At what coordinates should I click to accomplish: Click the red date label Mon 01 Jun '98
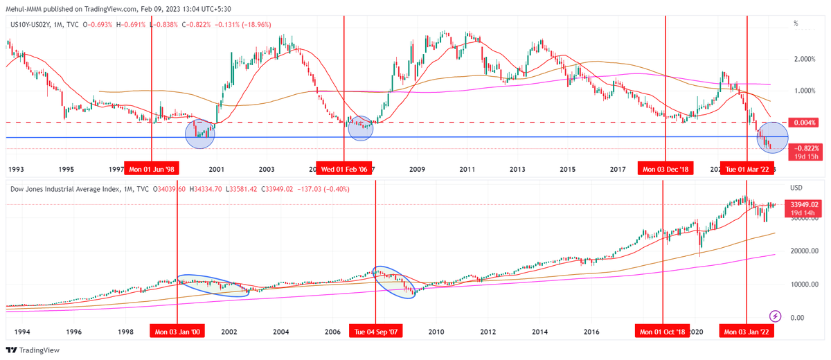(x=151, y=169)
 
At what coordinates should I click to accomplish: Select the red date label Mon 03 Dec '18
(x=665, y=169)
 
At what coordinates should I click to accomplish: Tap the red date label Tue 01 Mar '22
(x=747, y=169)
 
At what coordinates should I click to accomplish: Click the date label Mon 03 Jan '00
(x=177, y=332)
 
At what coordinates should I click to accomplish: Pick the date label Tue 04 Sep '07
(x=375, y=332)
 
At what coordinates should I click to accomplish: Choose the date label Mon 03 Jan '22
(x=747, y=332)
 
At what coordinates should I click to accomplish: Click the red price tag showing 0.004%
(x=804, y=123)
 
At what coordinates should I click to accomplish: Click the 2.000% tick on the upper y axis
(x=803, y=59)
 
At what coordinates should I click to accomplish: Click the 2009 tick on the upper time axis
(x=416, y=169)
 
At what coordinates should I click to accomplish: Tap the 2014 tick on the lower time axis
(x=540, y=332)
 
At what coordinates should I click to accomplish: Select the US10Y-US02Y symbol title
(x=34, y=25)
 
